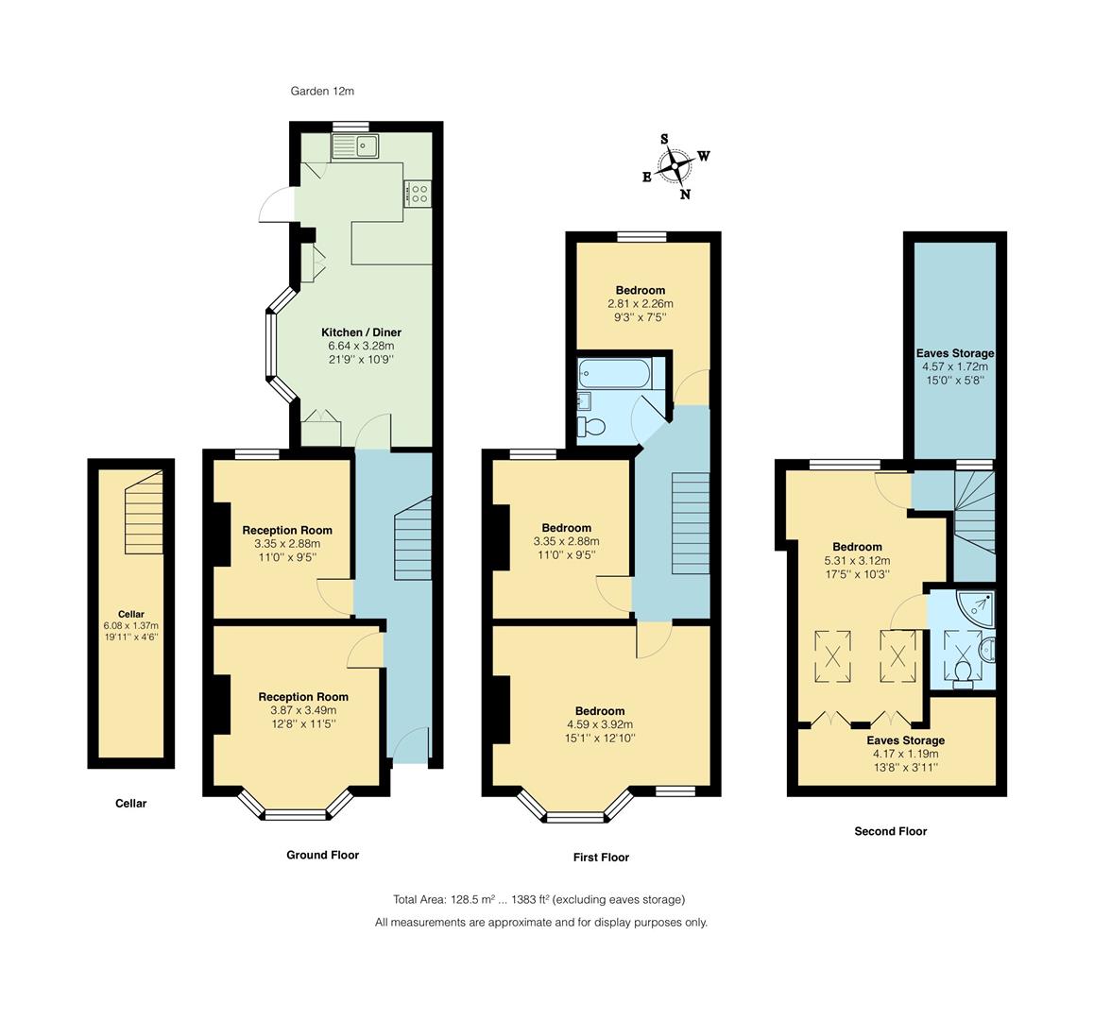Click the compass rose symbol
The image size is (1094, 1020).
(676, 167)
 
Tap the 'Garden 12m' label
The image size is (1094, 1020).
(322, 92)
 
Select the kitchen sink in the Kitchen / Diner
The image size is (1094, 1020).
(354, 146)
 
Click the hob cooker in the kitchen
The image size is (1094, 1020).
(417, 194)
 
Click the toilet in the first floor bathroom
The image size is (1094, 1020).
(591, 426)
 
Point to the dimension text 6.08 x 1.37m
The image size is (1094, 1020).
(130, 626)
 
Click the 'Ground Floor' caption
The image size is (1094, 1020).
(322, 855)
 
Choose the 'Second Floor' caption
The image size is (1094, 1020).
(890, 831)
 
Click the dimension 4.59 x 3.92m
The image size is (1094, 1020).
(600, 724)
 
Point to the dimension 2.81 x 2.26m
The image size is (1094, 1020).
(640, 304)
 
